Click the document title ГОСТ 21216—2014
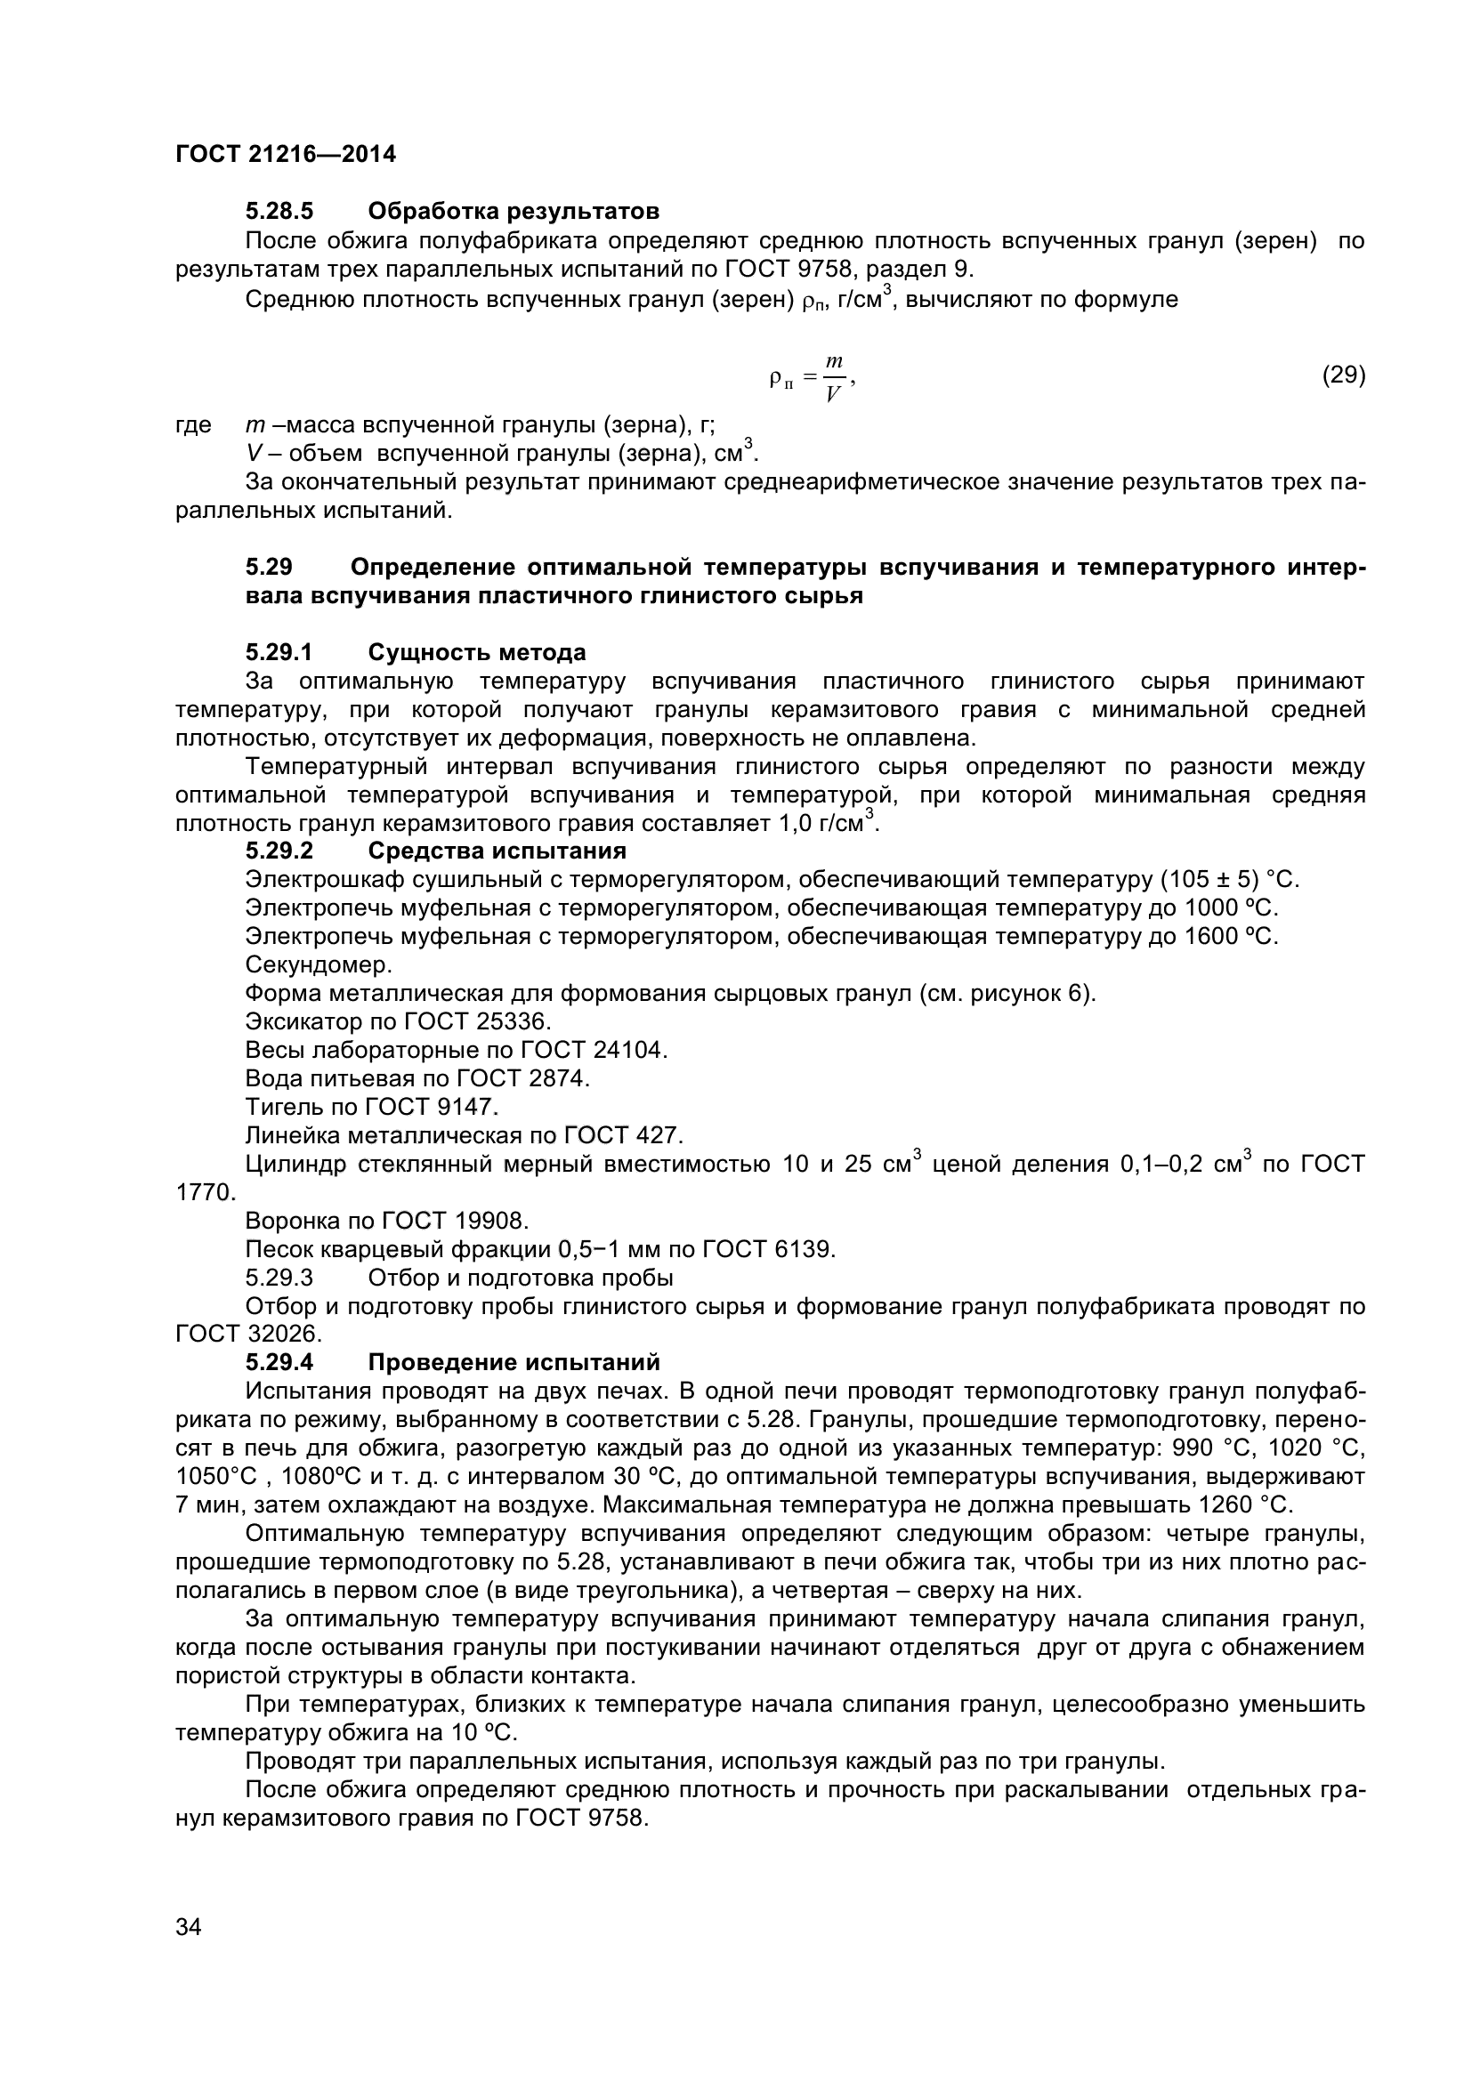point(286,154)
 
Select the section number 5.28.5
point(279,211)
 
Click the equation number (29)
point(1343,375)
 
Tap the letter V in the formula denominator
point(833,394)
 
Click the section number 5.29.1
point(279,652)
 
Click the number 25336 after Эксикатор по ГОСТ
point(514,1021)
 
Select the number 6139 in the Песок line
point(801,1250)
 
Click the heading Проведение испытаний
point(514,1362)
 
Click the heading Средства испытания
point(497,851)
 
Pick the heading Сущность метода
point(477,652)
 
